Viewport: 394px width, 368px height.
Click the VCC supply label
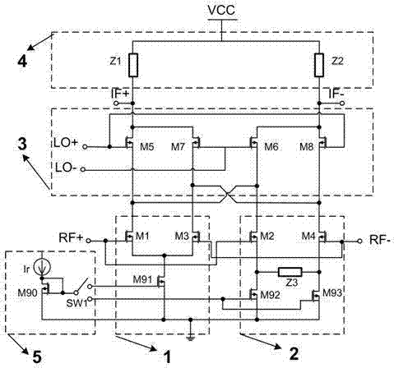(221, 10)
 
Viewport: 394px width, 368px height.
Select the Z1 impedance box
(133, 65)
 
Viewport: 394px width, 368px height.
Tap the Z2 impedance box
(319, 65)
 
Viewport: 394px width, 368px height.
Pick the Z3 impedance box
(290, 272)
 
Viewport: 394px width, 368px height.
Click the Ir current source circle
(42, 267)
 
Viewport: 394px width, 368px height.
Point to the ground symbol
(191, 338)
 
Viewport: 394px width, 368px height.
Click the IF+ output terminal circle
(116, 103)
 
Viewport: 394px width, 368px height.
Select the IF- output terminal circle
(342, 103)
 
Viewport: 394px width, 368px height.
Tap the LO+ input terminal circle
(85, 147)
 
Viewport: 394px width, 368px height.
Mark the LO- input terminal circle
(82, 170)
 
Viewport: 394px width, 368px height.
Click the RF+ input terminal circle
(88, 241)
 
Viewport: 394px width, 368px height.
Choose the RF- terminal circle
(360, 241)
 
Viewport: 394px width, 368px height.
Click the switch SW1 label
(76, 303)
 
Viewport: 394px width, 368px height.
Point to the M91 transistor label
(142, 279)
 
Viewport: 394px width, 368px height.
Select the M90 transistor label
(27, 293)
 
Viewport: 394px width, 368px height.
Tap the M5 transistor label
(147, 147)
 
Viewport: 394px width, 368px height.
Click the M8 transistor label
(306, 147)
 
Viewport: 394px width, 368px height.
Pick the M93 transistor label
(332, 293)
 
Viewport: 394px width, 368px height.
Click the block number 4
(22, 62)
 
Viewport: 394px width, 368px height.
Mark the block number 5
(37, 357)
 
